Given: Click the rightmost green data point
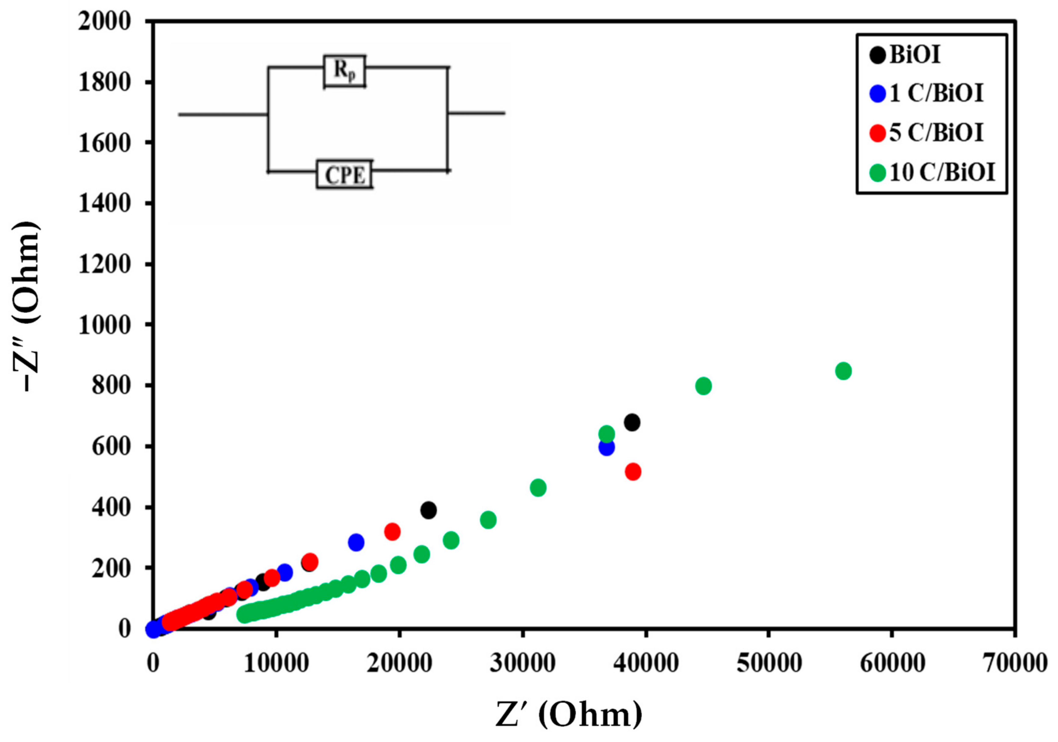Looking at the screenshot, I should (843, 371).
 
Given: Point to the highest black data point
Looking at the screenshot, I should (632, 422).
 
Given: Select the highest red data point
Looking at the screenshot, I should (633, 472).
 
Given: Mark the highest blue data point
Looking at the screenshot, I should (606, 447).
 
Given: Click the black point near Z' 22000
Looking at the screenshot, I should (428, 510).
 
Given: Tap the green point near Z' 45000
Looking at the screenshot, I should (703, 386).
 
